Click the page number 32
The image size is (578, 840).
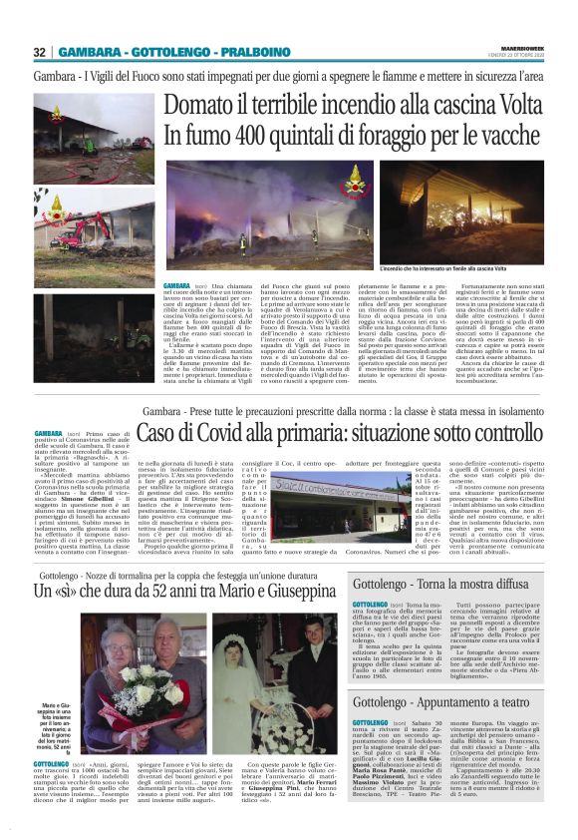click(x=40, y=52)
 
